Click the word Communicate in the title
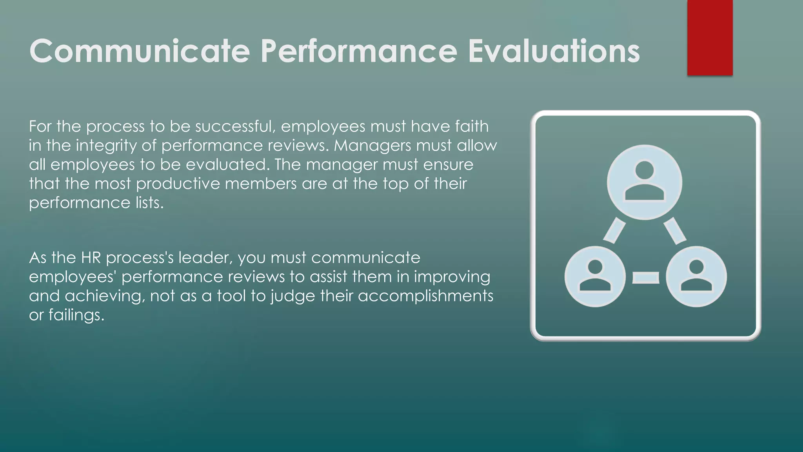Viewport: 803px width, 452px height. click(139, 51)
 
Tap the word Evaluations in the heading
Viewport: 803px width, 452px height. click(554, 51)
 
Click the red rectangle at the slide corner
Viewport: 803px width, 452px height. click(710, 38)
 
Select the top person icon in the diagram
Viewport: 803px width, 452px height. click(644, 182)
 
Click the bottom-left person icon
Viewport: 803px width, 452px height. click(595, 277)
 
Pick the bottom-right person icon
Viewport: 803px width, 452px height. click(696, 277)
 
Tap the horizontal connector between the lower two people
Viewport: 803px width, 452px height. click(645, 277)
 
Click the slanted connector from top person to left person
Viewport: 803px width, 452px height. click(614, 230)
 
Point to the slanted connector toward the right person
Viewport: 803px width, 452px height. click(675, 230)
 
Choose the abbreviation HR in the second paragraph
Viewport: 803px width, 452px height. click(91, 258)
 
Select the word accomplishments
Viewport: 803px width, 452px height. click(425, 296)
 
